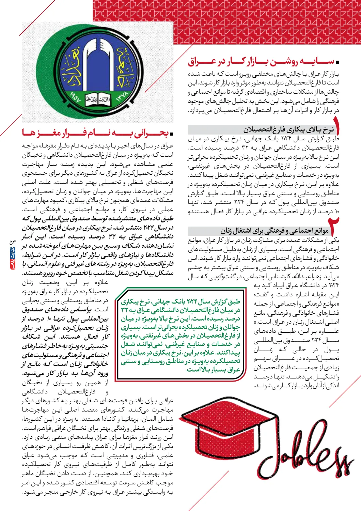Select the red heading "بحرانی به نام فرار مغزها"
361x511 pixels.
(x=95, y=133)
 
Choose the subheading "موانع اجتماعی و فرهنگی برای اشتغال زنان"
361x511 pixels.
(x=274, y=231)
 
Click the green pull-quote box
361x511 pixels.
(x=180, y=335)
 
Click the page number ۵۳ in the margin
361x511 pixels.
(x=13, y=242)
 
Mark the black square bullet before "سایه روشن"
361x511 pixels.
(x=338, y=62)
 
